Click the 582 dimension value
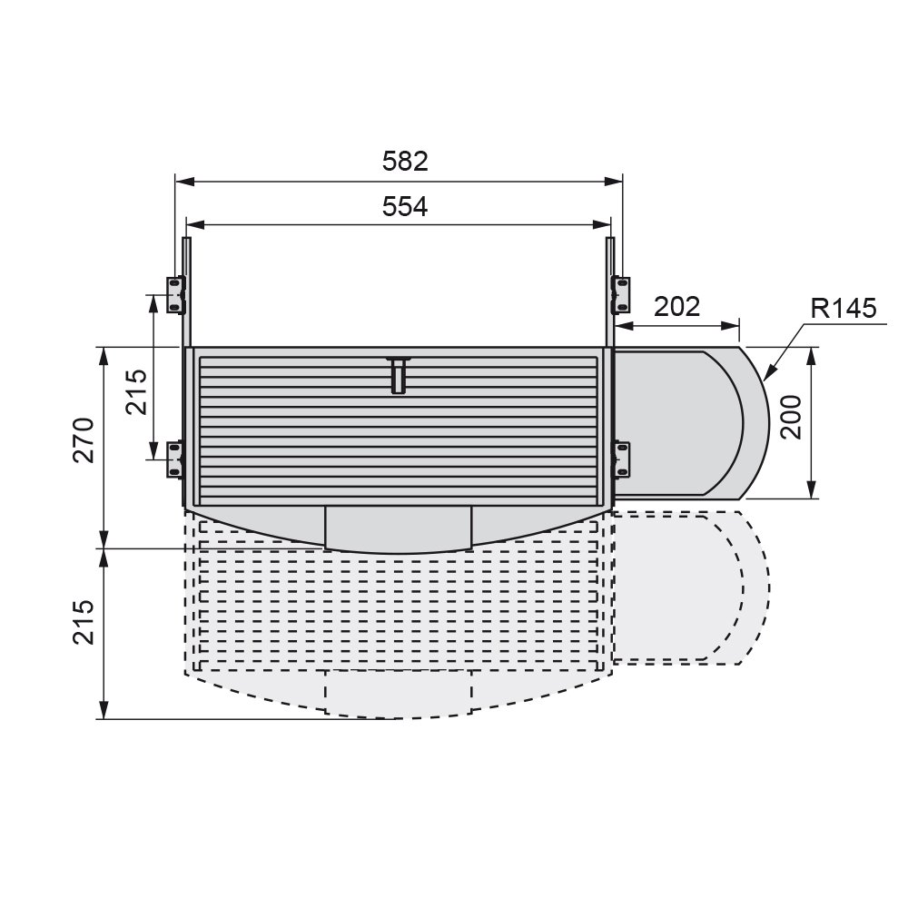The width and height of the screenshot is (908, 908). (405, 161)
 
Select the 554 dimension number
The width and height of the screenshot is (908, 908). (405, 206)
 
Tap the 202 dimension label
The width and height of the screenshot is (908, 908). (677, 306)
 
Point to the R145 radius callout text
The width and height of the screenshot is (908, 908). (844, 308)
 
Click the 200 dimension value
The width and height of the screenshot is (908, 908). (791, 418)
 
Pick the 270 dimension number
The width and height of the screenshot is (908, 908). (84, 440)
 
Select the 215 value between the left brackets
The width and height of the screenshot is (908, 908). (137, 391)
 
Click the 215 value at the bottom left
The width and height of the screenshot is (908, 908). (84, 622)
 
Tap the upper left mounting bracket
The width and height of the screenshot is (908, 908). (176, 295)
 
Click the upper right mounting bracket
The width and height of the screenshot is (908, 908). (621, 295)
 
